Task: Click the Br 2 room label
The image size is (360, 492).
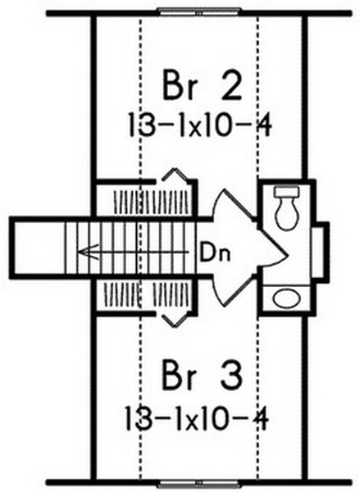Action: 203,85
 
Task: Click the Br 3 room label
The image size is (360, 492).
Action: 203,376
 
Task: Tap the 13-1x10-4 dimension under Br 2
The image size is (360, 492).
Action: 199,125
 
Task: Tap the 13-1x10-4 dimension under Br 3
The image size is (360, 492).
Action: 197,418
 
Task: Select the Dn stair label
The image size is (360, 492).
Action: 216,253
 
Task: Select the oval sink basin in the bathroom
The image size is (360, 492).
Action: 286,298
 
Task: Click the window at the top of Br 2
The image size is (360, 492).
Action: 199,12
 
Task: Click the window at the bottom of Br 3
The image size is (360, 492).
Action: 199,484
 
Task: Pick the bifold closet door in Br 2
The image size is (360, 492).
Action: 175,175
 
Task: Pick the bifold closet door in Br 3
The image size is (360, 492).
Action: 175,320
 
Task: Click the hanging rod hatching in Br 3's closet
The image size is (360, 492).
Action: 148,294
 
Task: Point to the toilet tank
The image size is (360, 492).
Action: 286,192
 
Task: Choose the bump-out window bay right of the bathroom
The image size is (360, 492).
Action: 320,250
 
